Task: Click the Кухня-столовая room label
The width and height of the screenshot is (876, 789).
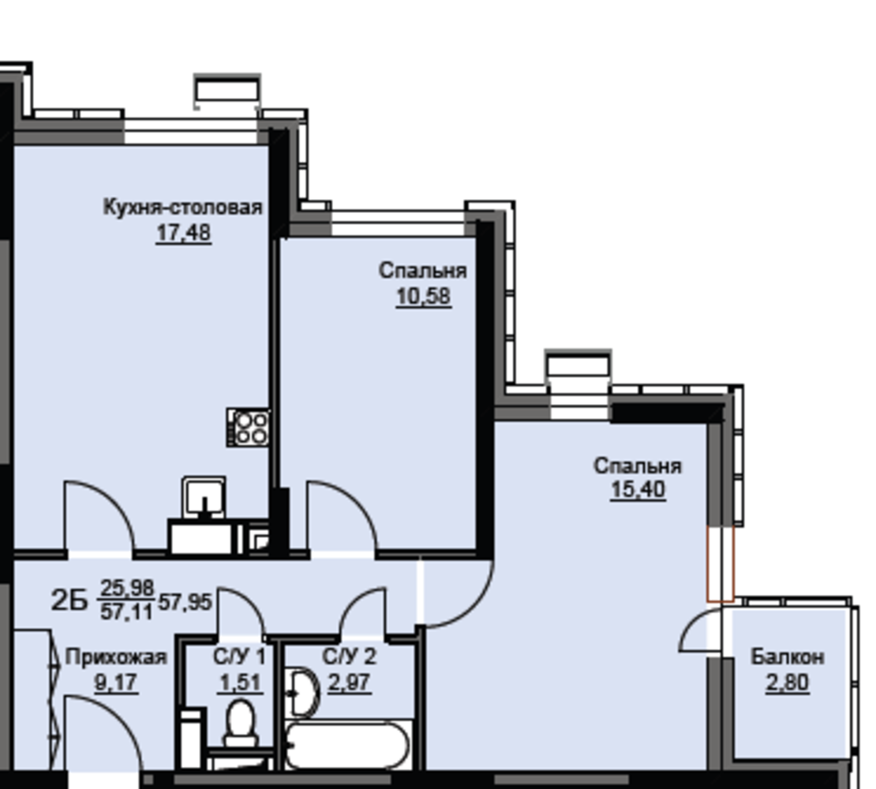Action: [182, 208]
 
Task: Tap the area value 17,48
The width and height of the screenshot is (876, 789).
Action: [183, 232]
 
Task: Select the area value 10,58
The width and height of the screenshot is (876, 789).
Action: [424, 296]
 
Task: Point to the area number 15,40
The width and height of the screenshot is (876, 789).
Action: [638, 490]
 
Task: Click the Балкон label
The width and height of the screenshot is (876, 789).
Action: [787, 657]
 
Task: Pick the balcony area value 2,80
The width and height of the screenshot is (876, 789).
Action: [787, 682]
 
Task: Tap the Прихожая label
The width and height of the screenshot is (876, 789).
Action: [116, 657]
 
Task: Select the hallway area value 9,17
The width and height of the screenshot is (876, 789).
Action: [116, 682]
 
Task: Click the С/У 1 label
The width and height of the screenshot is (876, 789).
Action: [239, 656]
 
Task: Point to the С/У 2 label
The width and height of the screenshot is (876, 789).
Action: [349, 656]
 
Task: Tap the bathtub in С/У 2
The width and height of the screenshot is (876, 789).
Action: [347, 745]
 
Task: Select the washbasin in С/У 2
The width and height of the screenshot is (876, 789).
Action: [301, 693]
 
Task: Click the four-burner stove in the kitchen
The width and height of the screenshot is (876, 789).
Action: [248, 427]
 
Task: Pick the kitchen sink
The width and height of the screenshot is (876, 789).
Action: [204, 497]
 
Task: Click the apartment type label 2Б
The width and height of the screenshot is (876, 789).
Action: [69, 601]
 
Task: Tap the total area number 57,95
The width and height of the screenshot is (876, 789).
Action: [185, 603]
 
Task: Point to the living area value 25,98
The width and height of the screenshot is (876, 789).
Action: [127, 589]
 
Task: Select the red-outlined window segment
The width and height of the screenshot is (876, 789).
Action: [721, 564]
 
